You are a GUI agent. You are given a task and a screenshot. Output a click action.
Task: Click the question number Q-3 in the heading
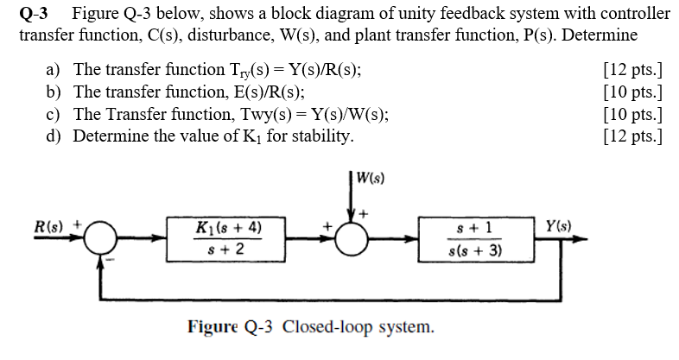pos(35,14)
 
